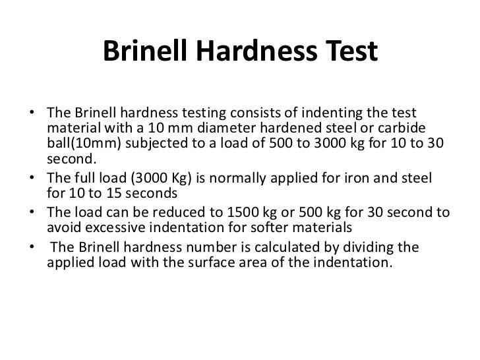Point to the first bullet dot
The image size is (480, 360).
32,113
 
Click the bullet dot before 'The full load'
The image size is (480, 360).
32,181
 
